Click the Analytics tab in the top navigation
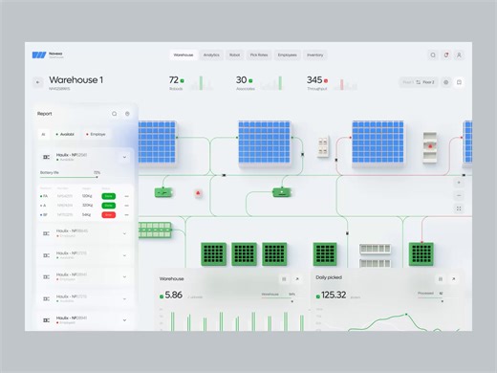point(211,55)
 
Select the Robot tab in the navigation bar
point(234,55)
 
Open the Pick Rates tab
point(260,55)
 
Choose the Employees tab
point(288,55)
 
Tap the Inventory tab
point(315,55)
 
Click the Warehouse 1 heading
point(76,80)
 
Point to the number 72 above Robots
point(175,80)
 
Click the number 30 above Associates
point(242,80)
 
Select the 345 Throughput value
point(315,80)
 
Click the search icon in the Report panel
point(115,114)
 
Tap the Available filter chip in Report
point(63,135)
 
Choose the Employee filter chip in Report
point(96,135)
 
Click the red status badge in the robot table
point(109,214)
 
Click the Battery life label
point(50,172)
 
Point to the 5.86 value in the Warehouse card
point(173,295)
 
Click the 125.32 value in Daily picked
point(333,295)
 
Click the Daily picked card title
point(329,277)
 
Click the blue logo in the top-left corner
point(38,55)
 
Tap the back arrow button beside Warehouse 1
point(38,82)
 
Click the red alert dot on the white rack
point(432,145)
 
